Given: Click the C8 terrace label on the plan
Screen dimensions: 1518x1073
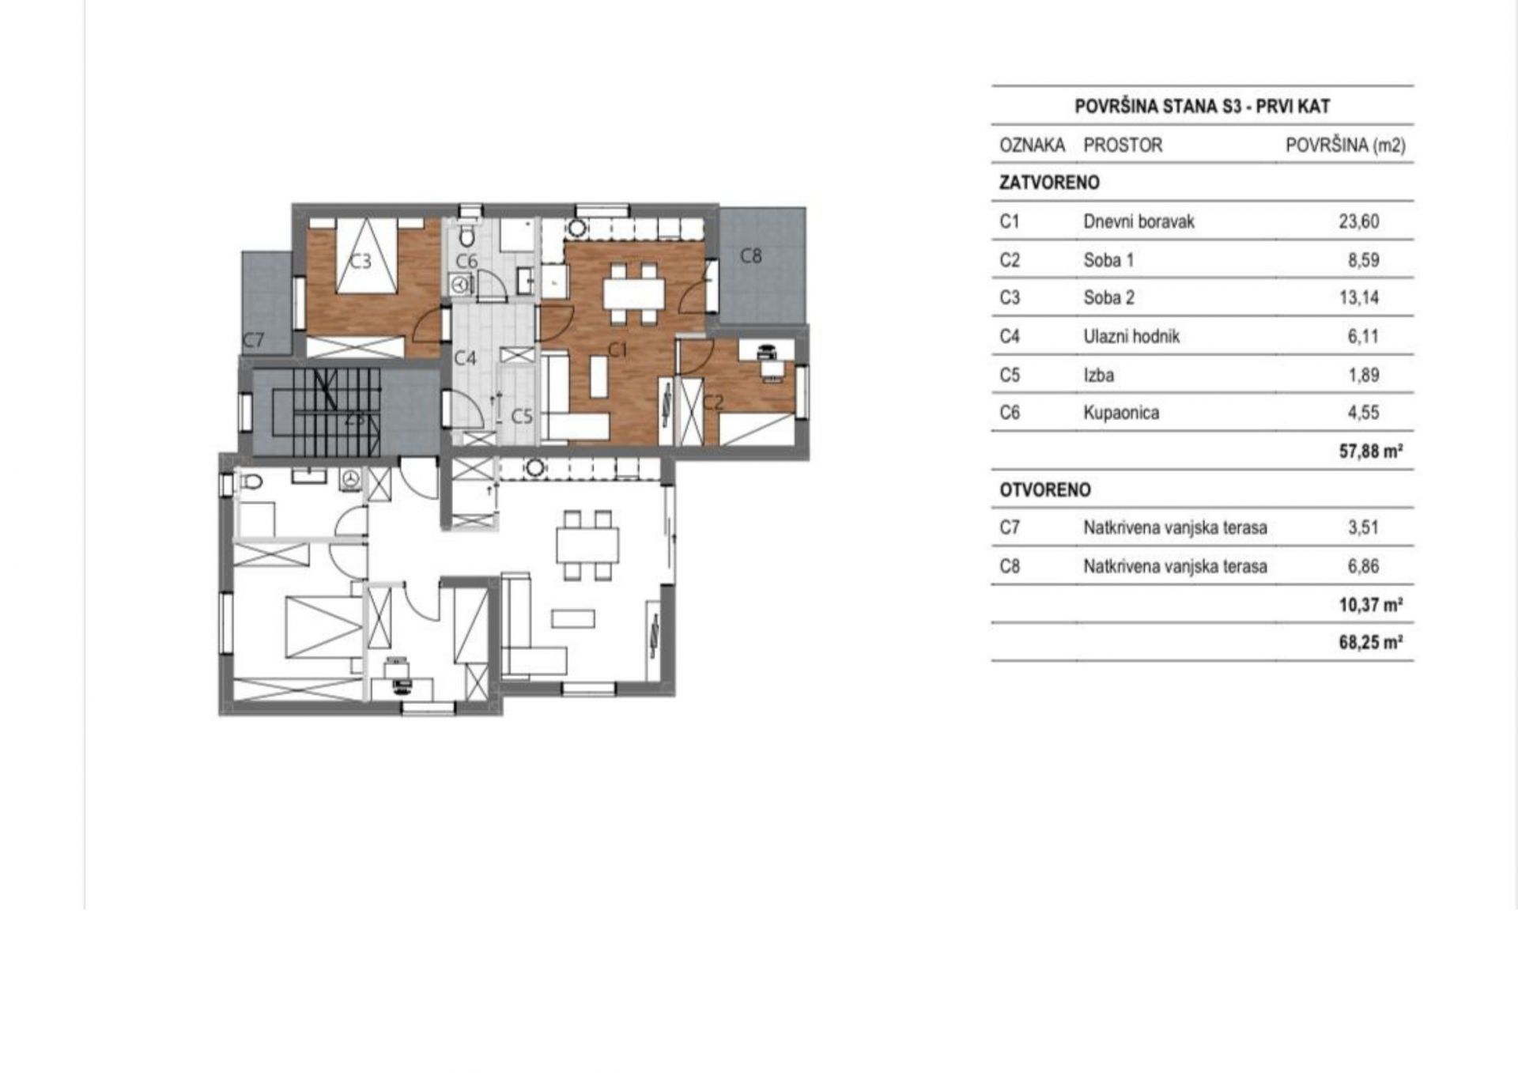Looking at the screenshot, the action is [x=751, y=256].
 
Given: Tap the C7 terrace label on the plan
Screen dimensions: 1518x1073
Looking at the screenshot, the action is [x=254, y=340].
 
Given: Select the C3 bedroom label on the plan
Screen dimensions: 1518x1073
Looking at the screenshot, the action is [x=361, y=260].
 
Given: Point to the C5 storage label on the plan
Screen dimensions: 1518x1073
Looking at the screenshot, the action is [x=522, y=416].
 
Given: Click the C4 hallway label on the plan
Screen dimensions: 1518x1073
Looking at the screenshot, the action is [x=466, y=358].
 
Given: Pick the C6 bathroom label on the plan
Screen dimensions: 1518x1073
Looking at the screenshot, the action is [x=466, y=261].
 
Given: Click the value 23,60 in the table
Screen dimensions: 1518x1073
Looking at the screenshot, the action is [x=1359, y=221].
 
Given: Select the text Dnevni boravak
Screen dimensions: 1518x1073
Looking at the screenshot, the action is [x=1138, y=221].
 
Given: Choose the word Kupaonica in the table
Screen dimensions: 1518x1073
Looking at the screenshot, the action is [x=1121, y=413].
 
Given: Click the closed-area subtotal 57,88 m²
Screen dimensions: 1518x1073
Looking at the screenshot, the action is [x=1371, y=451].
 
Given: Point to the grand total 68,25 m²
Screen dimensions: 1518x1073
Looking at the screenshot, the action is [x=1371, y=642].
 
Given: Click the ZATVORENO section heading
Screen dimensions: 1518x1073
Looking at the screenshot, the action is [x=1049, y=183].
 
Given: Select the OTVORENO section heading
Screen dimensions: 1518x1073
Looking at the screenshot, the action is [x=1045, y=490].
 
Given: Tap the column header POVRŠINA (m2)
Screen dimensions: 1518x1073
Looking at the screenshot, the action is [x=1346, y=145].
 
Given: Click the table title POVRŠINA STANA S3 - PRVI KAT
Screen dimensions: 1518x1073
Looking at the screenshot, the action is [x=1203, y=107].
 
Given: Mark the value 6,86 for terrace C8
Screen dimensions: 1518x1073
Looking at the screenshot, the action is [x=1364, y=566].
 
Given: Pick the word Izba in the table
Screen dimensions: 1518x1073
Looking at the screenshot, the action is [x=1099, y=375].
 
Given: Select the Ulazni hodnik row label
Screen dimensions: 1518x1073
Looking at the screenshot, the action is [x=1131, y=337].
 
